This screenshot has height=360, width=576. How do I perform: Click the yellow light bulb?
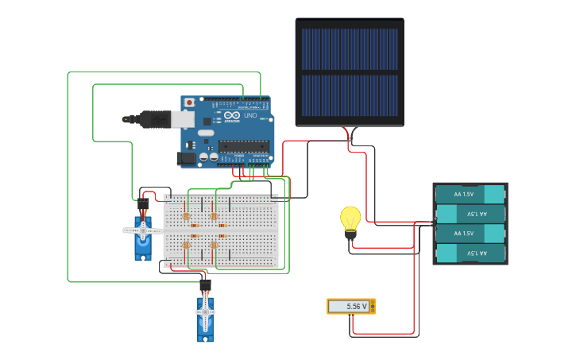(x=350, y=217)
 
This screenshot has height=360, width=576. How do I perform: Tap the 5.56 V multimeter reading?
(x=348, y=306)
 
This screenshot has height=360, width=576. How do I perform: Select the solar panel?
(x=350, y=72)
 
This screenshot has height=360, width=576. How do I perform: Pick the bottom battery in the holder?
(x=470, y=253)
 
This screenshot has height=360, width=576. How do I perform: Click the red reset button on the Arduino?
(x=189, y=103)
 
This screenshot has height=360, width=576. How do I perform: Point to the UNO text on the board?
(x=249, y=116)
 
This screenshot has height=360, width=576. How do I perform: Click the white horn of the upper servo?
(x=143, y=230)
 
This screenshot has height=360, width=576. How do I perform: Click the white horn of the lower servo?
(x=205, y=312)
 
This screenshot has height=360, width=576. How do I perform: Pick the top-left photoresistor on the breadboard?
(x=187, y=216)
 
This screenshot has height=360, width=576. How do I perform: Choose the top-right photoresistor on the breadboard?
(x=214, y=216)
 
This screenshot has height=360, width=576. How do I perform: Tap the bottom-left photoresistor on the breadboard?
(x=187, y=245)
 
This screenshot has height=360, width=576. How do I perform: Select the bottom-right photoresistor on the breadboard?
(x=214, y=245)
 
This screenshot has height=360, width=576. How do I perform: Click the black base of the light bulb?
(x=350, y=234)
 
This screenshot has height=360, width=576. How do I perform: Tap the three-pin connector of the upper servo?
(x=143, y=204)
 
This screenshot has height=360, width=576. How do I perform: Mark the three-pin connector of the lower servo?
(x=205, y=285)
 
